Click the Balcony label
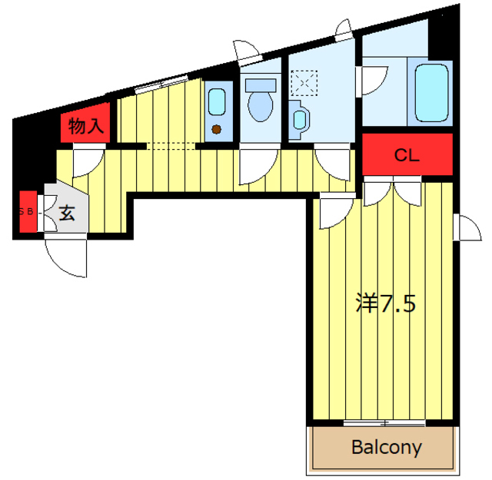(x=386, y=448)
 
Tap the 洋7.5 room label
(x=386, y=303)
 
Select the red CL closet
(x=407, y=154)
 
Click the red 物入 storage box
(x=85, y=123)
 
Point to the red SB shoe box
(x=28, y=212)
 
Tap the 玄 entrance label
(x=67, y=213)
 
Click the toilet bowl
(x=260, y=106)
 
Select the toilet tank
(x=261, y=85)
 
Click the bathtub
(x=431, y=93)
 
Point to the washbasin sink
(x=299, y=120)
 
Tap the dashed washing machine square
(x=304, y=83)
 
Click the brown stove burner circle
(x=216, y=129)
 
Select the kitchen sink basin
(x=217, y=102)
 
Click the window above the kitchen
(x=161, y=84)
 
